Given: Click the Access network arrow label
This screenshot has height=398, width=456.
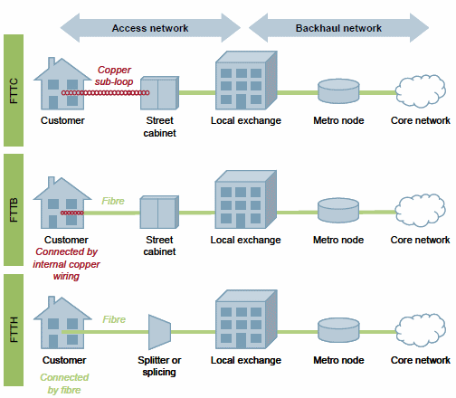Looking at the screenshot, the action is point(150,28).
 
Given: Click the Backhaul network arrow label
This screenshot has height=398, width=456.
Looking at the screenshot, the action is point(338,28).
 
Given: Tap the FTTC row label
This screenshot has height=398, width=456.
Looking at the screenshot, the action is point(14,90).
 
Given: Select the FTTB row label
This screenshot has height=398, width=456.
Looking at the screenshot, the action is point(14,210).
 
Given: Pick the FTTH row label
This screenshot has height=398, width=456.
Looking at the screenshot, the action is point(14,329).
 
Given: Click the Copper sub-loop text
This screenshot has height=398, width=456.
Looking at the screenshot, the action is point(114,76).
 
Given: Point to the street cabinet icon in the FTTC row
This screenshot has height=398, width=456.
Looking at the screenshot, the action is point(160,93).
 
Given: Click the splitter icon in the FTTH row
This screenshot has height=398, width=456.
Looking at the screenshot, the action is point(159,332).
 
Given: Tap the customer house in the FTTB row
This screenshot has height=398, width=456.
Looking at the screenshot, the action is point(62,203).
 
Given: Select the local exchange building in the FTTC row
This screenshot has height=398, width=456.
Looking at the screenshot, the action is point(246,81).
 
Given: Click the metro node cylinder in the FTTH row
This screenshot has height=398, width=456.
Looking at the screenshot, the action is point(338,330).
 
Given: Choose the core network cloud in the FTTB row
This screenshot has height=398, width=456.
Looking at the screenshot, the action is point(421,210).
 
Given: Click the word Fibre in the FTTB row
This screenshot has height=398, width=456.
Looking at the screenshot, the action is point(113,201).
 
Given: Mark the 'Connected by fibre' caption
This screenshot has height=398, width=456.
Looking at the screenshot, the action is point(64,384).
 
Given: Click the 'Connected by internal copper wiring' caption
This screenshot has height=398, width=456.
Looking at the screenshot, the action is point(66,264).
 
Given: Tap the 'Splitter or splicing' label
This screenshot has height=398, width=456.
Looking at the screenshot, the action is point(159,366).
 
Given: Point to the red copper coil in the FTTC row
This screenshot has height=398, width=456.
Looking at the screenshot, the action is point(106,93).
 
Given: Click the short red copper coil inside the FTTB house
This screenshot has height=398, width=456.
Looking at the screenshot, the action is point(72,213).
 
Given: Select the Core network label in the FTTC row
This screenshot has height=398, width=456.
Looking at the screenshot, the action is point(421,120).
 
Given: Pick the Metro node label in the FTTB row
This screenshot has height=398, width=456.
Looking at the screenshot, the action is point(338,240).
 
